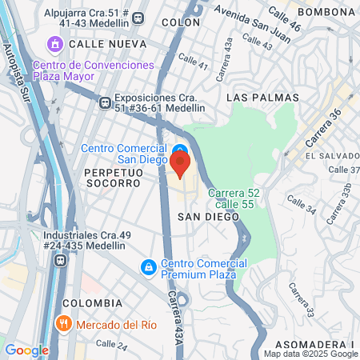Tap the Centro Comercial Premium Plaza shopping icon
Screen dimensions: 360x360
(147, 266)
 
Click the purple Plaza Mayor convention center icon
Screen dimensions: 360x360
(56, 42)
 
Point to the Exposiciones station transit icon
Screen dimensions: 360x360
(104, 102)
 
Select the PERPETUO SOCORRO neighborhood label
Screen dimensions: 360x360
(111, 178)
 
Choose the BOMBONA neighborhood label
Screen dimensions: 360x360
(326, 12)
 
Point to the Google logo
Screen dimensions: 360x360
(26, 350)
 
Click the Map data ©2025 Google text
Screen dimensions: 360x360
(311, 354)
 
